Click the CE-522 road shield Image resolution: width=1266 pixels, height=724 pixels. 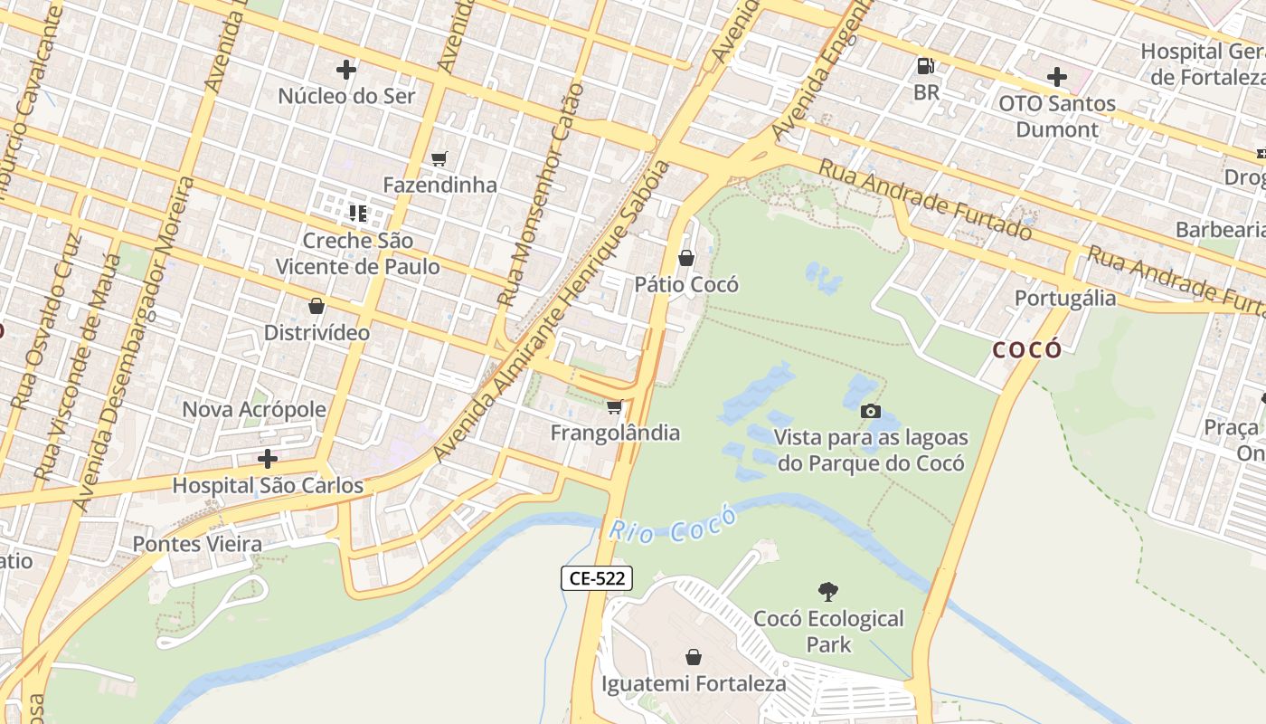(x=596, y=578)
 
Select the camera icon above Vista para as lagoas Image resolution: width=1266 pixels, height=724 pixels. (x=870, y=412)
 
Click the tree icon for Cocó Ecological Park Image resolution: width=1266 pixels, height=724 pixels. (x=827, y=592)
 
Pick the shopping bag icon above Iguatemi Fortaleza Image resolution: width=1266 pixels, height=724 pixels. (x=694, y=657)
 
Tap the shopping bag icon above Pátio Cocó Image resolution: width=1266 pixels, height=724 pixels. (x=686, y=259)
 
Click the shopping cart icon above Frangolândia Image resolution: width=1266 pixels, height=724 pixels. (x=615, y=407)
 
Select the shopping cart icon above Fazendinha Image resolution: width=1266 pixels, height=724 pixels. (x=439, y=159)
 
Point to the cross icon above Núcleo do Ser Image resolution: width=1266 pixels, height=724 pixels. (x=345, y=70)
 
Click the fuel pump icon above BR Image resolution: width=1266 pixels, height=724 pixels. (x=925, y=66)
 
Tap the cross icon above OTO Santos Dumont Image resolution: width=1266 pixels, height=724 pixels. (x=1056, y=77)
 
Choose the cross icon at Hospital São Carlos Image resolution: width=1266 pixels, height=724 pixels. (x=267, y=459)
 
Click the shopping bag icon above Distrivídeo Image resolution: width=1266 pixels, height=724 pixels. (x=316, y=307)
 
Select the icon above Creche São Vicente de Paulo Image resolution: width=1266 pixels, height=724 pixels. (x=357, y=214)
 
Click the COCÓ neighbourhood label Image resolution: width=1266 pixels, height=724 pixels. (x=1027, y=349)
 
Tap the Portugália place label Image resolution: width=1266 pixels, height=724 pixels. (x=1064, y=299)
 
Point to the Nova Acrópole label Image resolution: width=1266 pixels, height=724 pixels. (x=254, y=409)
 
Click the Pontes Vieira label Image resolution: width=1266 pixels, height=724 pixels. (x=197, y=544)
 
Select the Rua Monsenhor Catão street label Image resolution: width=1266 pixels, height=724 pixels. (x=541, y=195)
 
